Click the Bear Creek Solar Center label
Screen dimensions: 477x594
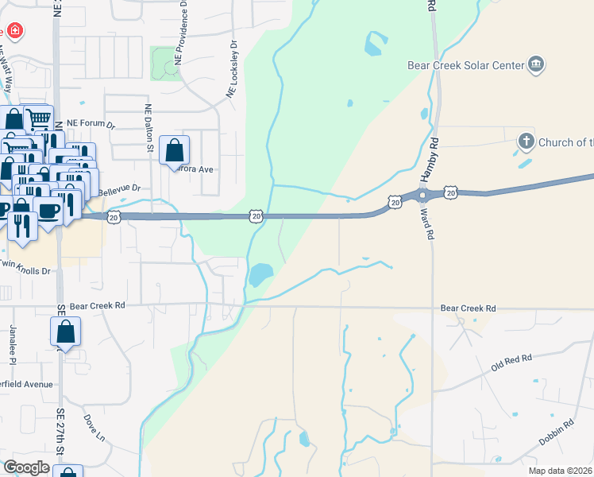465,65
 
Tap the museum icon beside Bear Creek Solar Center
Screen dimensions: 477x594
536,64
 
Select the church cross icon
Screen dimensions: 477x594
526,142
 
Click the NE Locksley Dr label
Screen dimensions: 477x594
233,70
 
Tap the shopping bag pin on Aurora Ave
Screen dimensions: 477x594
175,150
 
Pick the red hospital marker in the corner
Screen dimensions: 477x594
14,32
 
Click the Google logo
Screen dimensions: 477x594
26,467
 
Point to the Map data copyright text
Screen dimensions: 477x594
561,471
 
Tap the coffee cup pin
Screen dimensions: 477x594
47,211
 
